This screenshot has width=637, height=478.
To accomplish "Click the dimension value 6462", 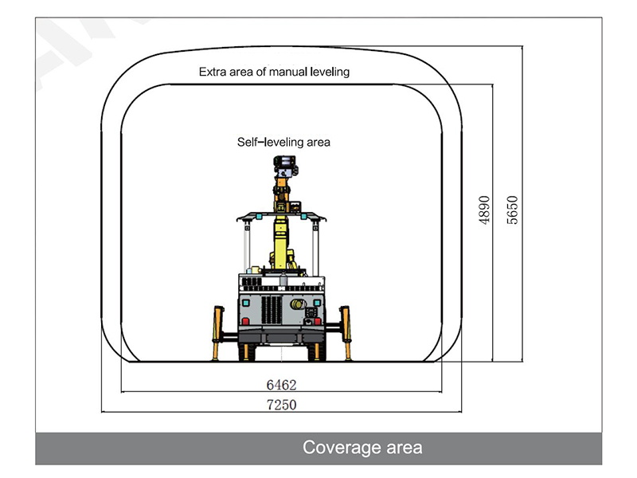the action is tap(282, 385).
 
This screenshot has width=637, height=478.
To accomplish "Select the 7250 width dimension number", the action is tap(282, 405).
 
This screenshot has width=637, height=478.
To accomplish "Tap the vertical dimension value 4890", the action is tap(484, 210).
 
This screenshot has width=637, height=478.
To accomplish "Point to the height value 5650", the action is tap(513, 210).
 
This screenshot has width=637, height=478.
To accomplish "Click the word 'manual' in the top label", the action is tap(287, 72).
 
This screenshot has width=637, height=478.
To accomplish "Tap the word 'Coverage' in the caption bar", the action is tap(342, 448).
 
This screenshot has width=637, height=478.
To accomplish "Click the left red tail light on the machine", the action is tap(245, 322).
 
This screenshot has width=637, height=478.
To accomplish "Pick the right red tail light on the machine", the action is tap(318, 322).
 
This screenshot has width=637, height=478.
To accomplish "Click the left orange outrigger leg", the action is tap(217, 333).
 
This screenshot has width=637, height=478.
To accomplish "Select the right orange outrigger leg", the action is tap(346, 333).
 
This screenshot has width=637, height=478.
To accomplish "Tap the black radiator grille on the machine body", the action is tap(272, 310).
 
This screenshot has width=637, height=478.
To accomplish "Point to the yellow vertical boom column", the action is tap(280, 243).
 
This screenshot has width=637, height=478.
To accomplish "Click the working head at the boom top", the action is tap(285, 166).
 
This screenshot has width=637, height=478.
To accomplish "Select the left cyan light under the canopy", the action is tap(258, 217).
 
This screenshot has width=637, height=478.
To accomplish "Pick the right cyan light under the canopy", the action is tap(303, 217).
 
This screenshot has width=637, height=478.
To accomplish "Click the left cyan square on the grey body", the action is tap(245, 304).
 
